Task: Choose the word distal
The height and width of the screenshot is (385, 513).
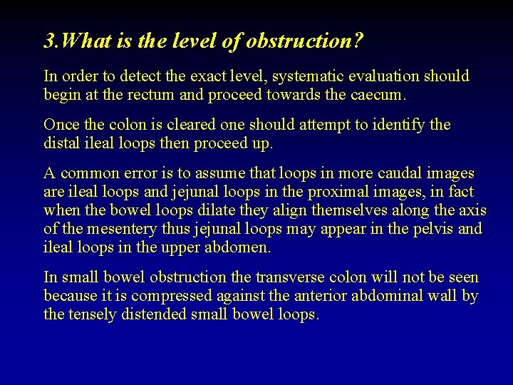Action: click(x=61, y=143)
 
